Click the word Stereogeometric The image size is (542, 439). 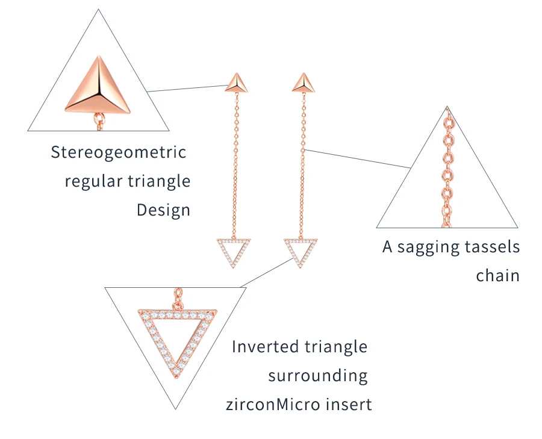tap(119, 152)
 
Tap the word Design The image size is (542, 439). tap(163, 210)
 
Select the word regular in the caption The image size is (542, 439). tap(93, 181)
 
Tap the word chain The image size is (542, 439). tap(498, 275)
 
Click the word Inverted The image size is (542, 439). tap(265, 346)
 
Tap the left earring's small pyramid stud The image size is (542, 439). tap(237, 83)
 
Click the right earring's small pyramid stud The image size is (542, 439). tap(303, 83)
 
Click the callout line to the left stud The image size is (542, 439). tap(187, 88)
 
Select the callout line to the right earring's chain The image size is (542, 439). tap(358, 158)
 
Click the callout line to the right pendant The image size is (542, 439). tap(267, 272)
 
